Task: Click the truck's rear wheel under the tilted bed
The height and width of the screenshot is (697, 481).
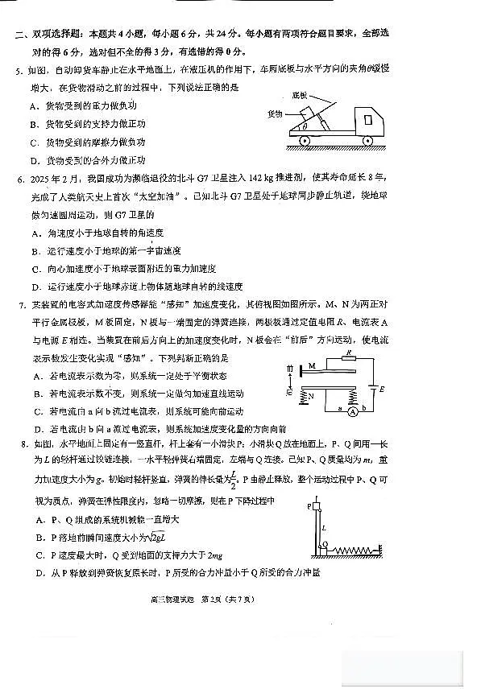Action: (x=305, y=141)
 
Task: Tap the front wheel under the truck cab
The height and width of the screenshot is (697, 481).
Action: (x=368, y=141)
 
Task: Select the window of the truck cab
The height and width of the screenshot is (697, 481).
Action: (x=368, y=118)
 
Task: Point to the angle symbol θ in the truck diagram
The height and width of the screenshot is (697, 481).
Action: (x=304, y=126)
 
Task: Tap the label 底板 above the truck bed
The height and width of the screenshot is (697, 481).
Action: (x=300, y=94)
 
